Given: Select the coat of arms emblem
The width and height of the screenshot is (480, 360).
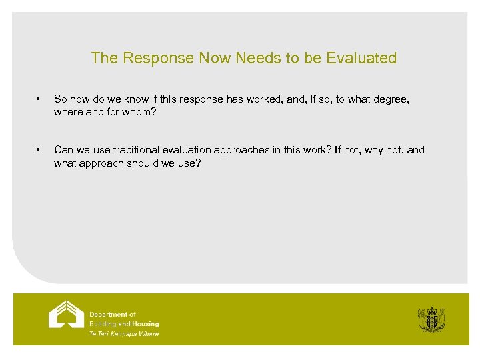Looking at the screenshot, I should tap(431, 319).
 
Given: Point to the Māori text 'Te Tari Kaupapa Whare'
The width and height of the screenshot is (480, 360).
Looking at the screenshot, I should tap(124, 333).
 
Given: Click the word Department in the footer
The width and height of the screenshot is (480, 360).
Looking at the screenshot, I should tap(108, 314).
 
